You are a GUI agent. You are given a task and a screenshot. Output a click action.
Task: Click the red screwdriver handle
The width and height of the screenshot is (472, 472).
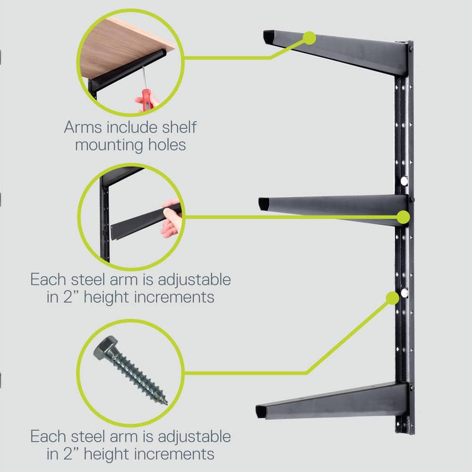(x=148, y=100)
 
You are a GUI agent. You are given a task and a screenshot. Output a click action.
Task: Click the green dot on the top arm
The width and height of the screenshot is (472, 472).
(x=309, y=37)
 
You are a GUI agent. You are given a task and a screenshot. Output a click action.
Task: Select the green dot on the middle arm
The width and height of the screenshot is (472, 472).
(x=403, y=217)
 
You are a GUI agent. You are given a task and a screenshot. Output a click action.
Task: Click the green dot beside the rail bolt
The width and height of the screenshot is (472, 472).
(x=392, y=298)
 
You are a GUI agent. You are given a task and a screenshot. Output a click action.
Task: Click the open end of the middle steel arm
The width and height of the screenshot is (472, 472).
(x=264, y=204)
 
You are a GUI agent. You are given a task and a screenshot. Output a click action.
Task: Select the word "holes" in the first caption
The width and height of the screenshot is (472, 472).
(x=165, y=144)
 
